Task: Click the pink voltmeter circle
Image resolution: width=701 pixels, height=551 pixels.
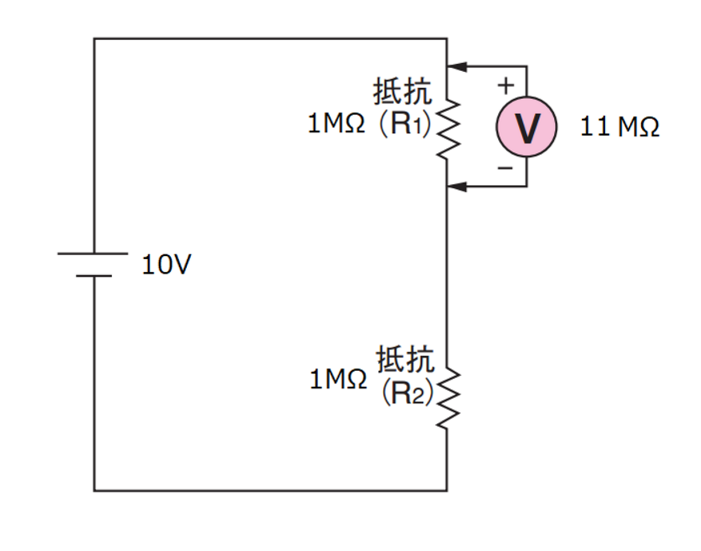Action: coord(526,127)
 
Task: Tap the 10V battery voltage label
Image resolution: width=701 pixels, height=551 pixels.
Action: coord(167,264)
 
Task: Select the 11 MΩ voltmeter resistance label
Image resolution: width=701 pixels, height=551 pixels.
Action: coord(620,126)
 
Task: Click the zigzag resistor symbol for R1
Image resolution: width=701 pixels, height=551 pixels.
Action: coord(448,129)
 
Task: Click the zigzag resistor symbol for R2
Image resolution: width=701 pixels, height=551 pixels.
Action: coord(448,397)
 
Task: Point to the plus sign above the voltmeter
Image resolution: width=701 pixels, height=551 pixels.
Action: coord(506,86)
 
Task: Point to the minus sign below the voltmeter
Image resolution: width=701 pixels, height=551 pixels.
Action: coord(505,168)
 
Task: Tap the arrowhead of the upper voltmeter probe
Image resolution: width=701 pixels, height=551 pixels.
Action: coord(457,67)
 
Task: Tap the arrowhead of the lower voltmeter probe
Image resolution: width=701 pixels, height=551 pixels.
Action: coord(457,187)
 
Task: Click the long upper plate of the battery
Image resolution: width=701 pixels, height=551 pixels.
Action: coord(93,253)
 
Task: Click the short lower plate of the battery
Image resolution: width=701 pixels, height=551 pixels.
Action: coord(94,276)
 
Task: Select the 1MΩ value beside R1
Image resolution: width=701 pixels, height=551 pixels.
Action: coord(336,123)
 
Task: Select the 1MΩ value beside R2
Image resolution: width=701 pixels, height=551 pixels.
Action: coord(338,379)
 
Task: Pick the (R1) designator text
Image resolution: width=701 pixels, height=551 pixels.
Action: coord(406,124)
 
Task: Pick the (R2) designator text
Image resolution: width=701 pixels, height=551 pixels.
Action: coord(408,393)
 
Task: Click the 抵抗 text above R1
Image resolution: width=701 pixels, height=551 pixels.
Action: coord(403,91)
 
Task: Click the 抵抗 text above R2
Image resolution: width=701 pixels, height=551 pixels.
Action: coord(406,359)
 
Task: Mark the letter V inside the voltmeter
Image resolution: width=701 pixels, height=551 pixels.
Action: coord(527,128)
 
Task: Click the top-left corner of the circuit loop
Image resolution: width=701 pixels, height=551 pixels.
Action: coord(94,39)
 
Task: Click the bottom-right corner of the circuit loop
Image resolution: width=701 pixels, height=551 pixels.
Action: coord(447,491)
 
